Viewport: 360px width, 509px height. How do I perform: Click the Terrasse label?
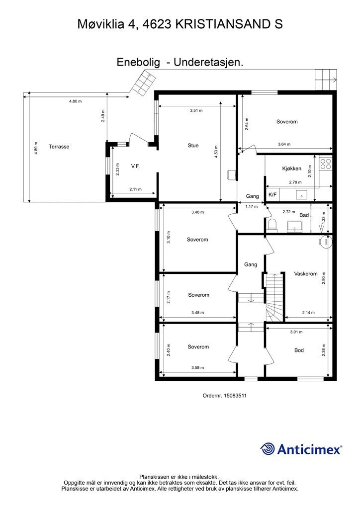pyautogui.click(x=59, y=147)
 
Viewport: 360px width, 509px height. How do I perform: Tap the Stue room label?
pyautogui.click(x=193, y=146)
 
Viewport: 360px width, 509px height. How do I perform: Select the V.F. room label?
pyautogui.click(x=135, y=166)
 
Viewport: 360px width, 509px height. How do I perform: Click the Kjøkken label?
pyautogui.click(x=291, y=169)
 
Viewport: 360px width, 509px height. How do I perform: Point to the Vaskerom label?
pyautogui.click(x=306, y=274)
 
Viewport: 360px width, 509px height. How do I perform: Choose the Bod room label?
pyautogui.click(x=299, y=350)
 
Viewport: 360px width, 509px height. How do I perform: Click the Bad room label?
pyautogui.click(x=304, y=215)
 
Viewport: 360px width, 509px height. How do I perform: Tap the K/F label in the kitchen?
pyautogui.click(x=272, y=195)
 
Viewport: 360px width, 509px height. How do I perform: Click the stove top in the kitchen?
pyautogui.click(x=326, y=164)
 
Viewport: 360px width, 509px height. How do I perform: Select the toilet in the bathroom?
pyautogui.click(x=272, y=225)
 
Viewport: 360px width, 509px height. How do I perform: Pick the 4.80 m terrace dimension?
pyautogui.click(x=75, y=101)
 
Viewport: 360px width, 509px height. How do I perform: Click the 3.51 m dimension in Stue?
pyautogui.click(x=196, y=110)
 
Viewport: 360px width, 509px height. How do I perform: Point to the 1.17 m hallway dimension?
pyautogui.click(x=251, y=206)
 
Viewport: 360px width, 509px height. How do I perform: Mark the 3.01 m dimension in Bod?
pyautogui.click(x=296, y=332)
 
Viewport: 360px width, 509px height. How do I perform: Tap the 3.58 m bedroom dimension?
pyautogui.click(x=197, y=367)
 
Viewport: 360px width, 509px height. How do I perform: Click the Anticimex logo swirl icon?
pyautogui.click(x=268, y=449)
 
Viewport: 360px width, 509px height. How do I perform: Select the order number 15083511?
pyautogui.click(x=235, y=396)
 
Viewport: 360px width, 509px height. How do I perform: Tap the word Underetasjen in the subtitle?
pyautogui.click(x=208, y=62)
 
